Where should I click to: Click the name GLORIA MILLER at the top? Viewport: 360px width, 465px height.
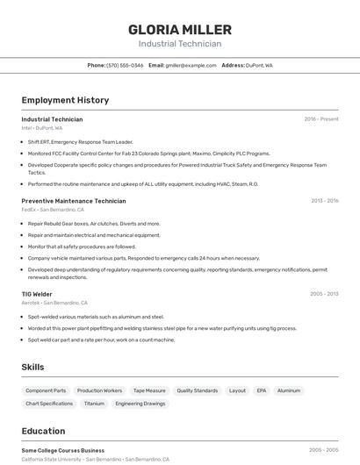(180, 29)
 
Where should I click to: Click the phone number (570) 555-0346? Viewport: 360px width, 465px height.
(125, 65)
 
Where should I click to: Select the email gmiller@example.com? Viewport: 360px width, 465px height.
(191, 65)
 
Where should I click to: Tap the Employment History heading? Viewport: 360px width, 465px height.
(65, 100)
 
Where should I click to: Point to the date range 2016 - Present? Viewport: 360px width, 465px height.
(320, 119)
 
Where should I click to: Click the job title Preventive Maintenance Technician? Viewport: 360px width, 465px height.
(74, 201)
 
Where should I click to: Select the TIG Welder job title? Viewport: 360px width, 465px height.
(37, 294)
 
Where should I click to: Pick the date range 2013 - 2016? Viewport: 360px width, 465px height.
(324, 201)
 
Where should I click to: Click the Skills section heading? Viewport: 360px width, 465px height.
(32, 367)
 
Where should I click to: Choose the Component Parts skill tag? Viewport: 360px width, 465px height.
(46, 390)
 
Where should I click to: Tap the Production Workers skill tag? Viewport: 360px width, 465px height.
(99, 390)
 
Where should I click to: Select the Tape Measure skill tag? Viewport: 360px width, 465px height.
(149, 390)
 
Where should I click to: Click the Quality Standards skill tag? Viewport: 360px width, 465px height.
(198, 390)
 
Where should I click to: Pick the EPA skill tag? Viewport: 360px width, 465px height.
(262, 390)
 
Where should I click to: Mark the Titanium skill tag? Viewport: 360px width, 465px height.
(94, 404)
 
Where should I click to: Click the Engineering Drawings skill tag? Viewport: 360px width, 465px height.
(140, 404)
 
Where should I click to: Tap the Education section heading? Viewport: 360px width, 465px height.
(43, 431)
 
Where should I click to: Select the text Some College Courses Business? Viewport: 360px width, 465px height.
(62, 450)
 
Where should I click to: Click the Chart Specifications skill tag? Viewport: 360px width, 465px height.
(49, 404)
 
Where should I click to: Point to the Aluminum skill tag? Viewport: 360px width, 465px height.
(289, 390)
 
